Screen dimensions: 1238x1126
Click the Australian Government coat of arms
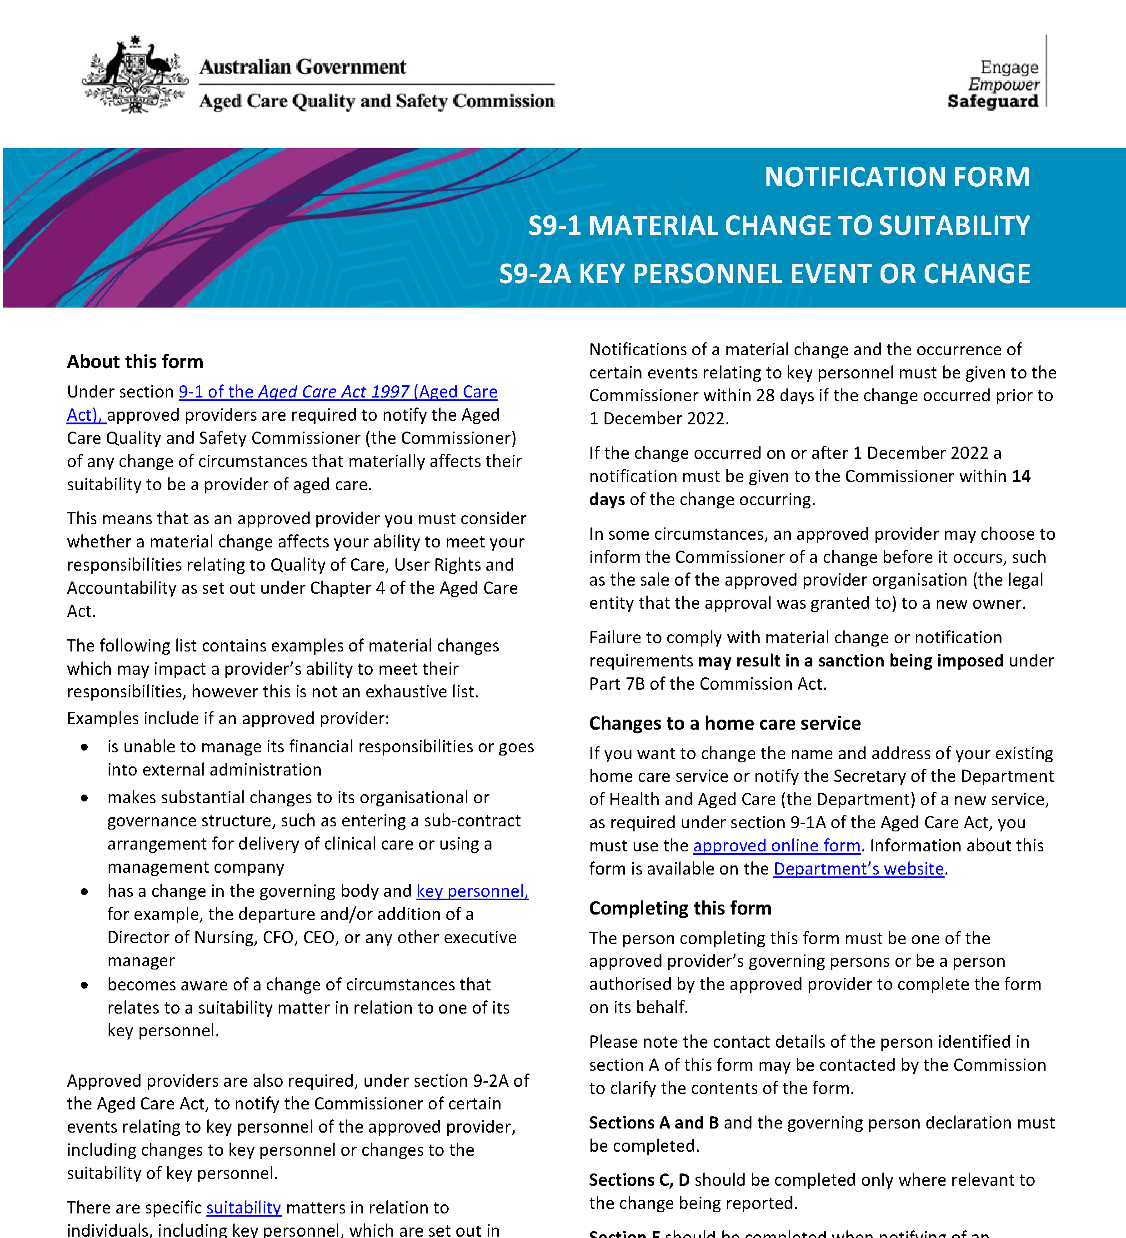pyautogui.click(x=135, y=75)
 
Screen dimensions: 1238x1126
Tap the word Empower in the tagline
pyautogui.click(x=1003, y=84)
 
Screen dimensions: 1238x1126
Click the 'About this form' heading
pyautogui.click(x=135, y=362)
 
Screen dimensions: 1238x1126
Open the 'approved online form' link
pyautogui.click(x=776, y=845)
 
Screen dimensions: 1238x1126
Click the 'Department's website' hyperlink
pyautogui.click(x=858, y=869)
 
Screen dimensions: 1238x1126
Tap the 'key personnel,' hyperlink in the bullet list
pyautogui.click(x=472, y=891)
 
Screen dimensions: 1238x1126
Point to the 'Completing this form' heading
pyautogui.click(x=680, y=908)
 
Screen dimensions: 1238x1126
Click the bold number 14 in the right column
pyautogui.click(x=1021, y=476)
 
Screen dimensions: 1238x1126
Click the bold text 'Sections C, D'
pyautogui.click(x=639, y=1180)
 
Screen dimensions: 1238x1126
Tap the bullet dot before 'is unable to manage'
pyautogui.click(x=85, y=747)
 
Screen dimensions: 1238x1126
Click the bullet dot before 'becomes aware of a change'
pyautogui.click(x=85, y=985)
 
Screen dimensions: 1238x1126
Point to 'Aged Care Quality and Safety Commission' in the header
pyautogui.click(x=376, y=101)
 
